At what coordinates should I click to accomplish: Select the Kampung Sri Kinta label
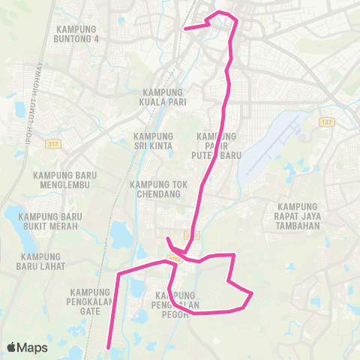pos(153,141)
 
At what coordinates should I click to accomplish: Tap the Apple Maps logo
pos(27,347)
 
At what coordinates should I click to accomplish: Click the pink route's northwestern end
pos(186,29)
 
